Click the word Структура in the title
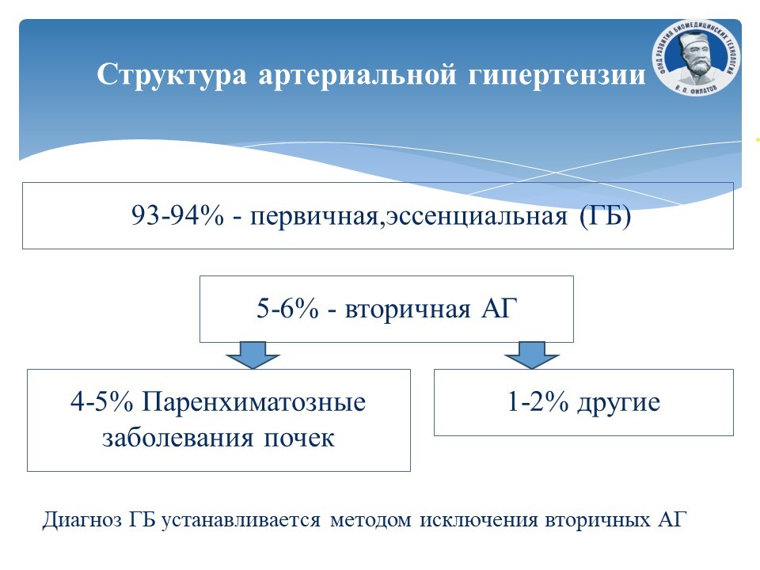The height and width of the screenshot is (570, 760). point(172,75)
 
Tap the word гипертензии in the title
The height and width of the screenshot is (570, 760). point(557,75)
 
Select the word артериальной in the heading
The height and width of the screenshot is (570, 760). point(357,75)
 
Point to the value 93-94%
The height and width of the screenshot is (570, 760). point(177,215)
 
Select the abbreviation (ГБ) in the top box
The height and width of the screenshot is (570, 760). point(606,216)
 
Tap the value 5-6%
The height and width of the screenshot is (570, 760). point(287,308)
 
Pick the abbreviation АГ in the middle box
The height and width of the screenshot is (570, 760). point(500,308)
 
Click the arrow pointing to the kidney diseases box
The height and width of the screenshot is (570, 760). point(253,355)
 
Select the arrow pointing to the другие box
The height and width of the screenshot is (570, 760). point(532,355)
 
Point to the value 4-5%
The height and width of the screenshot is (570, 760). point(101,402)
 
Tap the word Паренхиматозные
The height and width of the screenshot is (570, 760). point(253,403)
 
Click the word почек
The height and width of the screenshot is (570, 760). point(299,438)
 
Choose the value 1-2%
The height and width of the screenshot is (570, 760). point(538,402)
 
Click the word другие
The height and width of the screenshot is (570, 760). point(618,404)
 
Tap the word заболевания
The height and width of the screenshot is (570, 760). point(178,438)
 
